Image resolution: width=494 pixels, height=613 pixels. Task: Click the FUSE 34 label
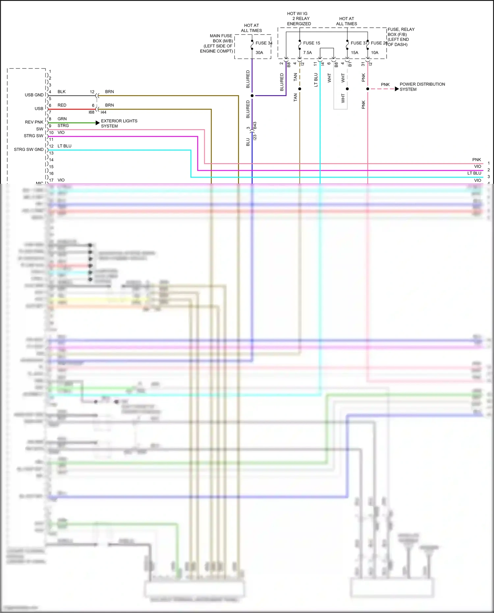pyautogui.click(x=264, y=43)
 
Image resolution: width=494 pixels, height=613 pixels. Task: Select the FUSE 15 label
pyautogui.click(x=311, y=43)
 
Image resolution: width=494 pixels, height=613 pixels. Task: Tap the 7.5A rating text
pyautogui.click(x=307, y=53)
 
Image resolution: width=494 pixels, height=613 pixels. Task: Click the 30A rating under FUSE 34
pyautogui.click(x=259, y=53)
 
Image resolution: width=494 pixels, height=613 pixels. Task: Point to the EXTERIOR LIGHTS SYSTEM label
pyautogui.click(x=119, y=124)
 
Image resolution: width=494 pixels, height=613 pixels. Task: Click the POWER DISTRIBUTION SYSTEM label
pyautogui.click(x=422, y=87)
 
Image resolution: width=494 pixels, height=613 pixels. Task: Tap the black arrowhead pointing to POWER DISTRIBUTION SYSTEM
pyautogui.click(x=397, y=89)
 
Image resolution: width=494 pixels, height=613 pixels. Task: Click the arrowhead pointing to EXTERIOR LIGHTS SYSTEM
pyautogui.click(x=97, y=123)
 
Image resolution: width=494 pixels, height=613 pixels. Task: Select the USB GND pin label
pyautogui.click(x=34, y=95)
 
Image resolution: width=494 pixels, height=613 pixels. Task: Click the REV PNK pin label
pyautogui.click(x=34, y=122)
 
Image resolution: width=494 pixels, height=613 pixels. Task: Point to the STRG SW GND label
pyautogui.click(x=29, y=150)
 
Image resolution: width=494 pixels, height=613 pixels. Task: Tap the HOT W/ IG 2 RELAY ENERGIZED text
pyautogui.click(x=298, y=19)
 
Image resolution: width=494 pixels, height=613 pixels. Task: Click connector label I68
pyautogui.click(x=91, y=112)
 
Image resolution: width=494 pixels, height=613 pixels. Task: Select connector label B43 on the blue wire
pyautogui.click(x=255, y=126)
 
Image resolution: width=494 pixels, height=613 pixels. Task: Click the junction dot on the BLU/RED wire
pyautogui.click(x=252, y=96)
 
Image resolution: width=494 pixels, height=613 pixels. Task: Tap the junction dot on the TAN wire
pyautogui.click(x=300, y=89)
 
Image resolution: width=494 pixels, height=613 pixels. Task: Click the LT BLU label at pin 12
pyautogui.click(x=64, y=146)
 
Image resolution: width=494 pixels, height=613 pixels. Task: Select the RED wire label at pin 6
pyautogui.click(x=62, y=105)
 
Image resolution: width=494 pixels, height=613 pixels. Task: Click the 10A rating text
pyautogui.click(x=374, y=53)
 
